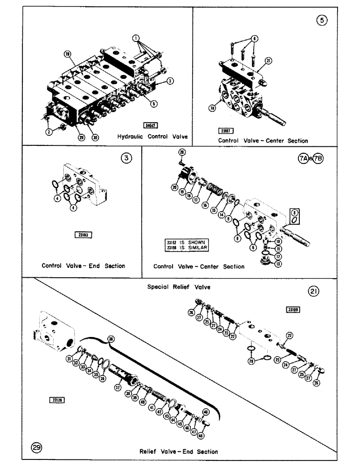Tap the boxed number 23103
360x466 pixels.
coord(83,235)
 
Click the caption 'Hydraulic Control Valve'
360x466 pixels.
coord(153,137)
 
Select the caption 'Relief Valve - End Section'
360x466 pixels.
coord(179,451)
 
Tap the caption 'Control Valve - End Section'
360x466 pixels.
coord(83,266)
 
